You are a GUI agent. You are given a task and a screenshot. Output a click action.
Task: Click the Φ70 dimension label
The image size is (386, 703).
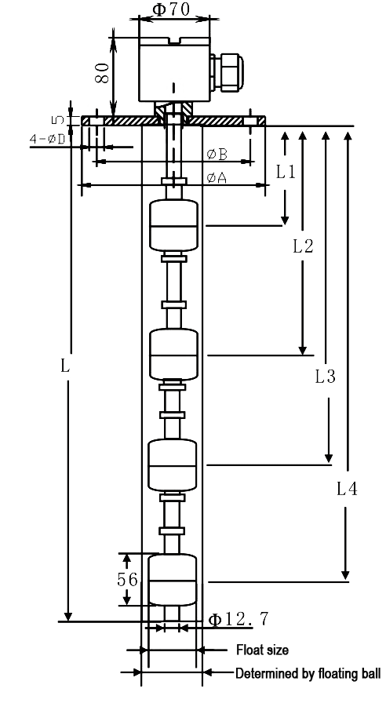pyautogui.click(x=172, y=9)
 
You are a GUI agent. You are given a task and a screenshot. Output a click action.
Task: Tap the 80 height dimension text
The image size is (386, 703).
pyautogui.click(x=102, y=73)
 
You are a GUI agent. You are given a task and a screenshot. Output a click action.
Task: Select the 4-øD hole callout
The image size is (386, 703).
pyautogui.click(x=48, y=139)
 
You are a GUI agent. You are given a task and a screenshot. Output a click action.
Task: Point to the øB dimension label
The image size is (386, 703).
pyautogui.click(x=217, y=155)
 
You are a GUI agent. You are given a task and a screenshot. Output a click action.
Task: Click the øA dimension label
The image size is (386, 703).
pyautogui.click(x=217, y=178)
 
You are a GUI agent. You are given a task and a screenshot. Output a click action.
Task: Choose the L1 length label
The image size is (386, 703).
pyautogui.click(x=286, y=171)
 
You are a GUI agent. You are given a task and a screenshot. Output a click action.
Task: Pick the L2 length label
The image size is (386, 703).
pyautogui.click(x=303, y=246)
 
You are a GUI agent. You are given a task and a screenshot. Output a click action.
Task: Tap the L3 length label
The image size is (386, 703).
pyautogui.click(x=325, y=377)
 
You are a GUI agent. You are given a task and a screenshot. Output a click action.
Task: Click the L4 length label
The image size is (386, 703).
pyautogui.click(x=347, y=489)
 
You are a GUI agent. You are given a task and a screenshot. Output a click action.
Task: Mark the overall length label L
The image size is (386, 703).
pyautogui.click(x=65, y=366)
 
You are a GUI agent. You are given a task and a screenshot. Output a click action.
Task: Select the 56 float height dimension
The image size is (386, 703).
pyautogui.click(x=127, y=580)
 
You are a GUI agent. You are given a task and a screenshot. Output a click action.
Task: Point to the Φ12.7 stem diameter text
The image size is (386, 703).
pyautogui.click(x=239, y=620)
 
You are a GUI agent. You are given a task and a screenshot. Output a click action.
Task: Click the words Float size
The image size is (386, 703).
pyautogui.click(x=262, y=650)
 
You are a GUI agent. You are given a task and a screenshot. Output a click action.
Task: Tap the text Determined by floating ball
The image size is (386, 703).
pyautogui.click(x=308, y=673)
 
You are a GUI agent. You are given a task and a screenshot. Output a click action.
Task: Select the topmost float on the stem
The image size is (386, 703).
pyautogui.click(x=173, y=225)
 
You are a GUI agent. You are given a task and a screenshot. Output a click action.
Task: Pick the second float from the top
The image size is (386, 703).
pyautogui.click(x=173, y=355)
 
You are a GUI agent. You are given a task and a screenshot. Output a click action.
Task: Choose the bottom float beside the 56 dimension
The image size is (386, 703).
pyautogui.click(x=173, y=580)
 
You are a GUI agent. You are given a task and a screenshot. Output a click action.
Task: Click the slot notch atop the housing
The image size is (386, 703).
pyautogui.click(x=175, y=42)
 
